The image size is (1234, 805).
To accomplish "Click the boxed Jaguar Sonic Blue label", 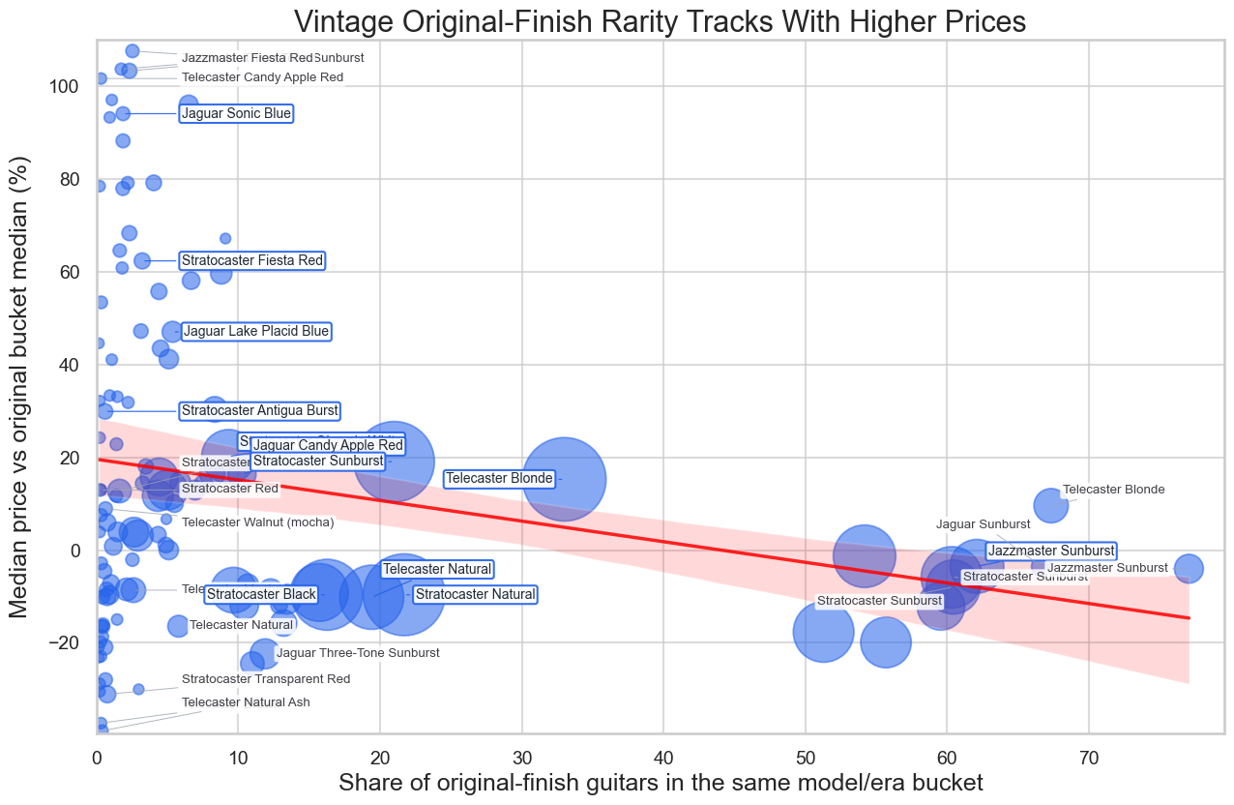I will [x=236, y=114].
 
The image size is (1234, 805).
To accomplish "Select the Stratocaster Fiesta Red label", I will [x=251, y=260].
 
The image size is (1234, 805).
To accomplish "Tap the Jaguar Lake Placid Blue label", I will [x=255, y=332].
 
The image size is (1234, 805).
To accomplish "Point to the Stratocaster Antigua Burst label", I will [x=259, y=411].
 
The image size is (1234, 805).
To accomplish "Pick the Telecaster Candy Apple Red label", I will [x=262, y=77].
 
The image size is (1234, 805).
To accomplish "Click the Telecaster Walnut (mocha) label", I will [x=257, y=522].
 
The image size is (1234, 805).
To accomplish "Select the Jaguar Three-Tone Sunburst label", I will [x=358, y=653].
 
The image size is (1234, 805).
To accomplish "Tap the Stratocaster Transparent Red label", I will [x=266, y=679].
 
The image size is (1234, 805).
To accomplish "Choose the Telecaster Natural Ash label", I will [x=246, y=701].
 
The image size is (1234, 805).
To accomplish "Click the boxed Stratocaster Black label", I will [x=261, y=594].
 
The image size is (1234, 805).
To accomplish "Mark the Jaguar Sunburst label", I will [x=983, y=524].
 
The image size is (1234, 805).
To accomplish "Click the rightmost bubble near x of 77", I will [x=1189, y=568].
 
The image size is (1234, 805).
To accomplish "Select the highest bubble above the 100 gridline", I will [x=132, y=51].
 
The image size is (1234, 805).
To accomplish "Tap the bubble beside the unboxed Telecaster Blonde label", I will [x=1050, y=504].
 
